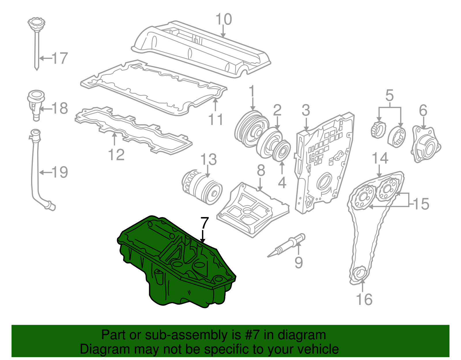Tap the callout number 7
204,223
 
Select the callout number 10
224,20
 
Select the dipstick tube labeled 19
36,173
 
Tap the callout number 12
116,155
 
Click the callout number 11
216,119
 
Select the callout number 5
389,95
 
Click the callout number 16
364,299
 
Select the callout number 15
421,204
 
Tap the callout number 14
380,158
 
